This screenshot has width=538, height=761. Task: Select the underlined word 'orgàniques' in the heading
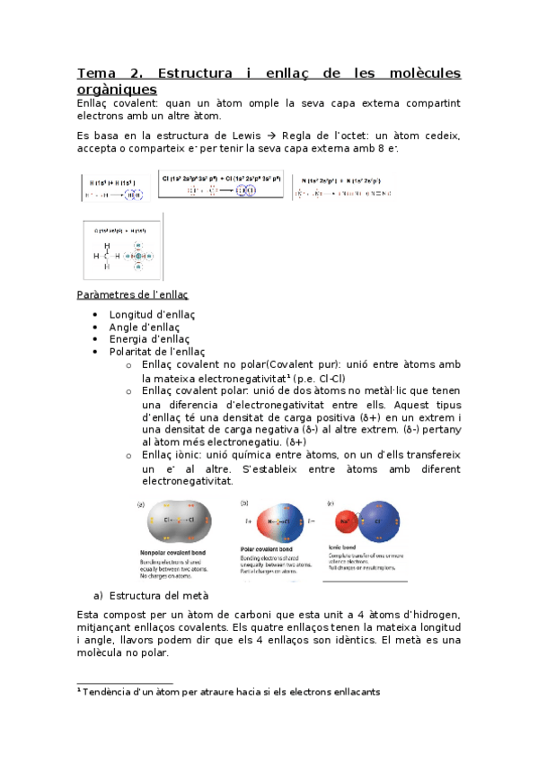(x=117, y=89)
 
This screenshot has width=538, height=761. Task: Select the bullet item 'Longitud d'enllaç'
(x=152, y=315)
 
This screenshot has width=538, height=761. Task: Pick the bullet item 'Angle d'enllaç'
(x=144, y=328)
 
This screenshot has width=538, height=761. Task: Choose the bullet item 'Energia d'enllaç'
(x=149, y=339)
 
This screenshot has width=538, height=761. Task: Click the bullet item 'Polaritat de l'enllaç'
(x=156, y=352)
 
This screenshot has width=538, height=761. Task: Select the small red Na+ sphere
(x=343, y=520)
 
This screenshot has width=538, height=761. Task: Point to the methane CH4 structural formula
(x=106, y=254)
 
